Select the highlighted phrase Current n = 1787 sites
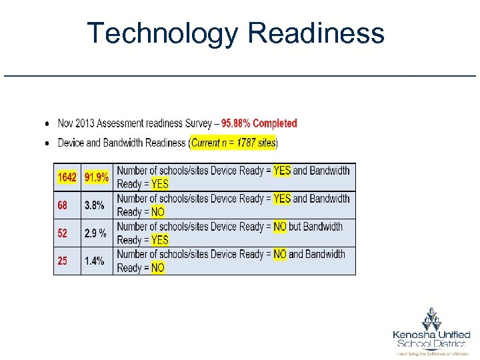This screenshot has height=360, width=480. (233, 143)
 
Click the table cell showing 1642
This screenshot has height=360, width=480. (67, 177)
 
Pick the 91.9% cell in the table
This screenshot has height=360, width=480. (97, 177)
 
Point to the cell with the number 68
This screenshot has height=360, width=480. (62, 205)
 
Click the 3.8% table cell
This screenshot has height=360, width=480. (95, 205)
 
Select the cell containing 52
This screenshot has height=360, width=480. (62, 233)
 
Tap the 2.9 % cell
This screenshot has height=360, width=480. (96, 233)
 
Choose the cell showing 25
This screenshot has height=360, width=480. (62, 261)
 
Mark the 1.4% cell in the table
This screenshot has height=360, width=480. (95, 261)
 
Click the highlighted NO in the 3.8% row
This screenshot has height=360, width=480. (157, 212)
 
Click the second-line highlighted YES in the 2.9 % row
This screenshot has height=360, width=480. (160, 240)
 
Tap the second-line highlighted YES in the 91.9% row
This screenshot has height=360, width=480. (160, 184)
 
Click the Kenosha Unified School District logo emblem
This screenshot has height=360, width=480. (431, 318)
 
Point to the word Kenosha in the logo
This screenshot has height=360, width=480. (414, 335)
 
